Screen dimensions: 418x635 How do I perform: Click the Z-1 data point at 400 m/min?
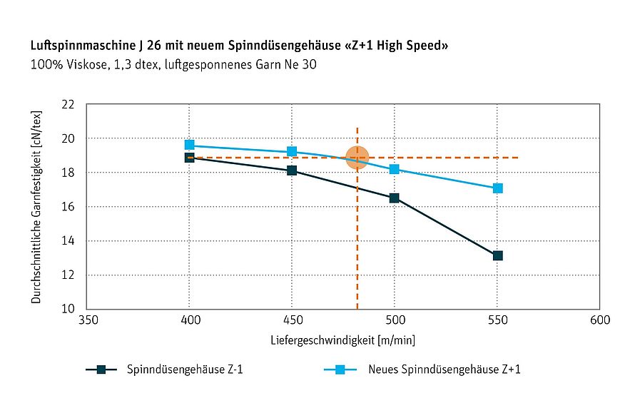tap(189, 158)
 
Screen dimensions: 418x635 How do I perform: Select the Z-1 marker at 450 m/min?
tap(292, 170)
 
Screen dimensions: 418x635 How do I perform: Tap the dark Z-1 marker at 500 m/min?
tap(394, 198)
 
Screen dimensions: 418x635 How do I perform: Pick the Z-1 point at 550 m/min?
tap(497, 255)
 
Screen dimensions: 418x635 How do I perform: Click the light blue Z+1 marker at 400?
tap(189, 145)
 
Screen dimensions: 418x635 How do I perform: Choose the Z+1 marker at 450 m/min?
tap(292, 151)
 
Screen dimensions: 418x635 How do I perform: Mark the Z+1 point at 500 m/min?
tap(394, 169)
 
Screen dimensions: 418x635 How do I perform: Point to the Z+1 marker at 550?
tap(497, 188)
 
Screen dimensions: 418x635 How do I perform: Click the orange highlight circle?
tap(357, 158)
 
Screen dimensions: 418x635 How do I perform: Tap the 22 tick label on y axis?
tap(68, 104)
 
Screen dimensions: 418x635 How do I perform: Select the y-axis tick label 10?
tap(68, 309)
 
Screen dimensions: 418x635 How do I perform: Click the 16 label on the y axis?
tap(68, 207)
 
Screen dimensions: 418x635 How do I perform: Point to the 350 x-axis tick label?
tap(87, 322)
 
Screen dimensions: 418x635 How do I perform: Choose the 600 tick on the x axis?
tap(599, 322)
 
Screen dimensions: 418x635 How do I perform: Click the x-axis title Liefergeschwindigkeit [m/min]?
tap(342, 340)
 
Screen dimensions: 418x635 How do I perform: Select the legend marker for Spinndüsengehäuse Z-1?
tap(101, 369)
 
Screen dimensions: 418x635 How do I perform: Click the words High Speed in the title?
tap(413, 46)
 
